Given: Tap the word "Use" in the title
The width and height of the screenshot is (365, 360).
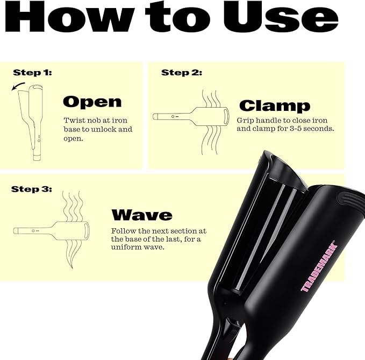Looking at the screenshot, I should point(291,18).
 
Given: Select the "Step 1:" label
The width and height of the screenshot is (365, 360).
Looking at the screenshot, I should point(32,72).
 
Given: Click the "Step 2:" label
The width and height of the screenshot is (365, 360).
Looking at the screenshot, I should point(181,73).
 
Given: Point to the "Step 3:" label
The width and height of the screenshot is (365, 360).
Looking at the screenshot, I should point(31,189).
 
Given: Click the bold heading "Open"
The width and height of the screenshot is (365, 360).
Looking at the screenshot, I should point(92,102).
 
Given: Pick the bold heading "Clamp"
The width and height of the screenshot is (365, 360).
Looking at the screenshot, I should point(274,105).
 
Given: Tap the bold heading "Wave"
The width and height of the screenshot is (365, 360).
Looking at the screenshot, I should point(141,215).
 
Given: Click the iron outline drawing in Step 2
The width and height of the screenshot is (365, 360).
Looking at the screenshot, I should point(191,116).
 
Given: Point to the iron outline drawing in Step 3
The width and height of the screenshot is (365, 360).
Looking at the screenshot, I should point(51,231).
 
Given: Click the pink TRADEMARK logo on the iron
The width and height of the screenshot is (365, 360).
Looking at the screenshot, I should point(318,266).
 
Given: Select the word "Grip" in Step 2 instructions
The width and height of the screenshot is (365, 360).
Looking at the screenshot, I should point(246,120).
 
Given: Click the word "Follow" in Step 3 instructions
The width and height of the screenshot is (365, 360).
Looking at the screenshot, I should point(125,230).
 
